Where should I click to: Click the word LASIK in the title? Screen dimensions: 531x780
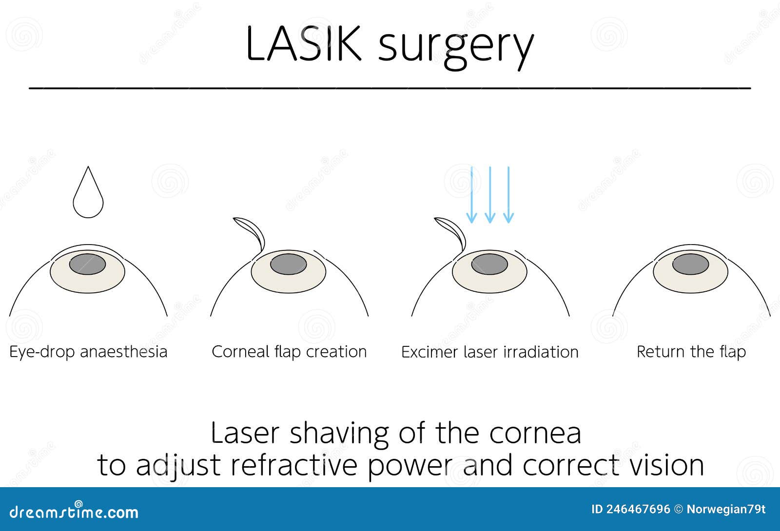pyautogui.click(x=303, y=44)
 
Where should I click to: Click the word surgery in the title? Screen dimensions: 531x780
pyautogui.click(x=456, y=46)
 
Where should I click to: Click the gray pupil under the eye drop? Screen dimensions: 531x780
pyautogui.click(x=87, y=264)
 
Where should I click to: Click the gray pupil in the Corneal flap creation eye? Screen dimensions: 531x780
pyautogui.click(x=289, y=264)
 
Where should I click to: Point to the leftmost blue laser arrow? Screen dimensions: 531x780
pyautogui.click(x=471, y=195)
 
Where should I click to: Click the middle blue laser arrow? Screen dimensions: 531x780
pyautogui.click(x=490, y=195)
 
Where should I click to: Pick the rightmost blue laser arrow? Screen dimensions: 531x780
pyautogui.click(x=508, y=195)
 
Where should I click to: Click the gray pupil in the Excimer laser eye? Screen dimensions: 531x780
pyautogui.click(x=489, y=264)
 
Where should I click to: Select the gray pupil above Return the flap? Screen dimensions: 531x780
pyautogui.click(x=690, y=264)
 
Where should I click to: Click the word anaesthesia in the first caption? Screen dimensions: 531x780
pyautogui.click(x=123, y=352)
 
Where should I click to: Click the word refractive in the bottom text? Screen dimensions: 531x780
pyautogui.click(x=294, y=465)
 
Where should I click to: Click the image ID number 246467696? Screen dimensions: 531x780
pyautogui.click(x=638, y=510)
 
